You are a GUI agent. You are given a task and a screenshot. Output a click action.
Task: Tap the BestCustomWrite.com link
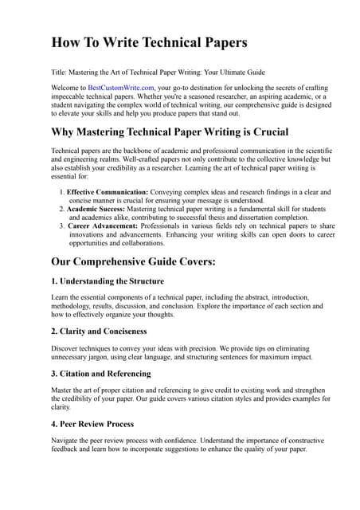[x=121, y=88]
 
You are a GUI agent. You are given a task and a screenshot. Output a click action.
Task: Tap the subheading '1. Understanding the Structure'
[x=108, y=281]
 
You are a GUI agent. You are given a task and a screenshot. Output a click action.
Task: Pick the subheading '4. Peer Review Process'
[x=92, y=424]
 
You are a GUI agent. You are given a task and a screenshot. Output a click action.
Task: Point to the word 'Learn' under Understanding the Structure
[x=61, y=297]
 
